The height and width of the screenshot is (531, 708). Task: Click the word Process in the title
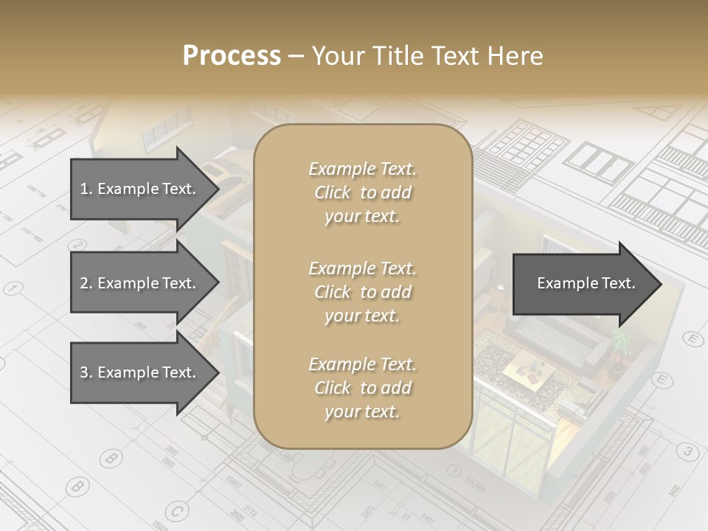pos(232,56)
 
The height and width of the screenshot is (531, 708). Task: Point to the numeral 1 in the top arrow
pos(84,189)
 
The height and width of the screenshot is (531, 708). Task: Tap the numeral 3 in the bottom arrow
pos(84,372)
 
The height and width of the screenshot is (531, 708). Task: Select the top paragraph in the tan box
pos(362,192)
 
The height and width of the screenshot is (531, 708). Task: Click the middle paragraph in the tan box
pos(362,291)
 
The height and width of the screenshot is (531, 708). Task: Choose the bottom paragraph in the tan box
pos(362,388)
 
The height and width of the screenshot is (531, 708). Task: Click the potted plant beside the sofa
pos(621,341)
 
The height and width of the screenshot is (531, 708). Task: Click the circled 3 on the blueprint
pos(687,451)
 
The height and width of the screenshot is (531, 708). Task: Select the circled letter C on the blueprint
pos(176,510)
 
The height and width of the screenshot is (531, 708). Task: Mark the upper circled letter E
pos(693,339)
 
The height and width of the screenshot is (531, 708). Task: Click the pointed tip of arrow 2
pos(218,283)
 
